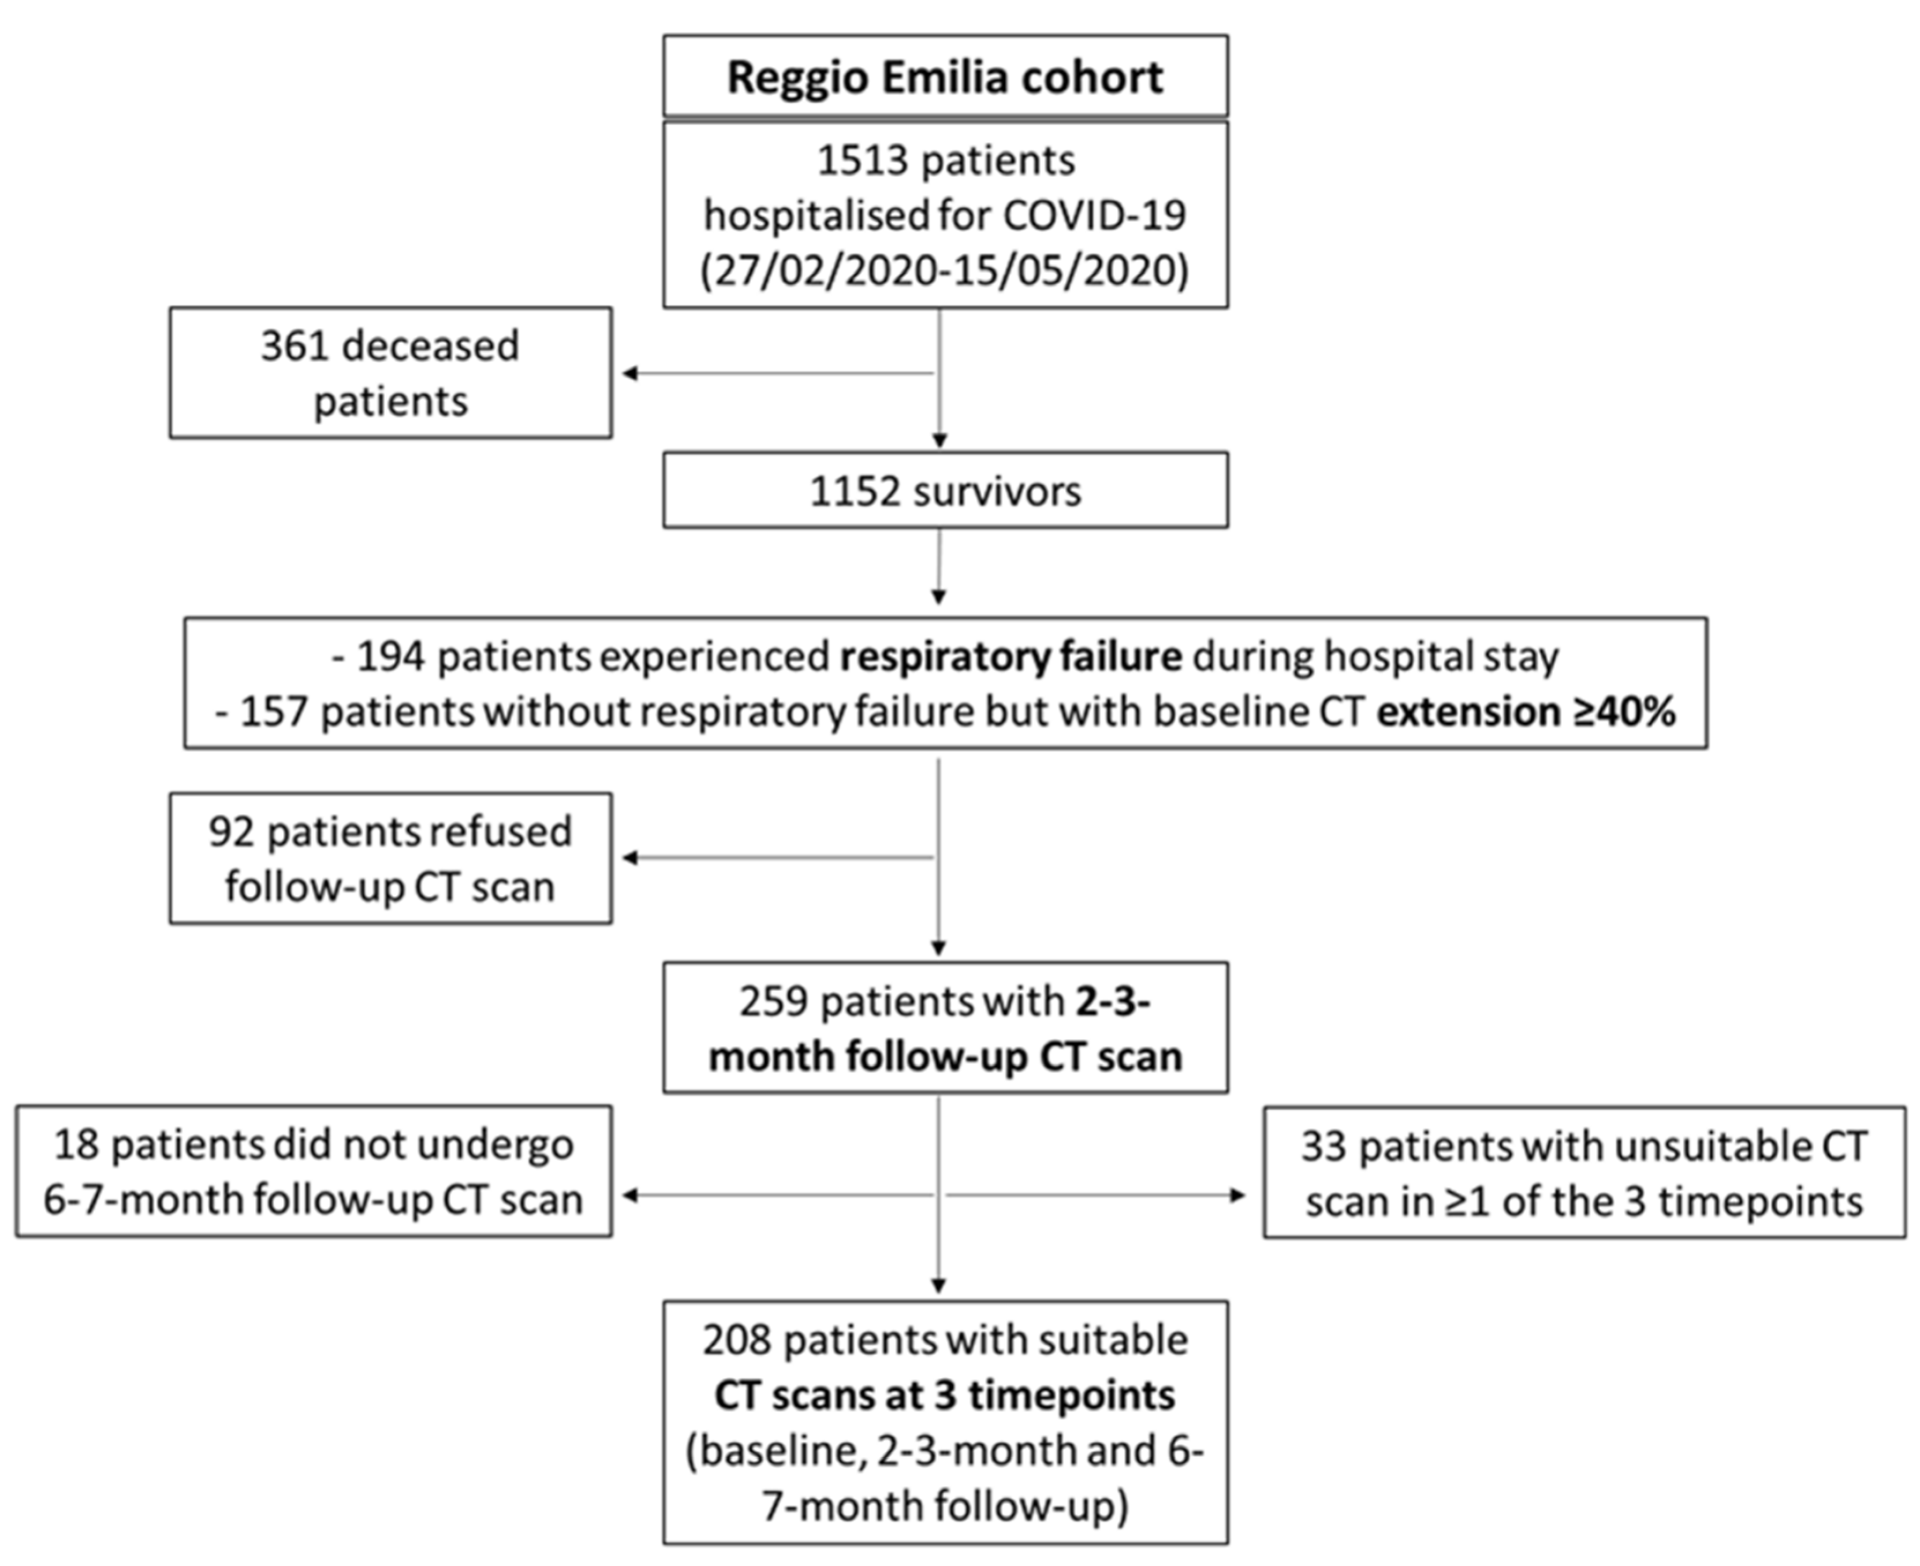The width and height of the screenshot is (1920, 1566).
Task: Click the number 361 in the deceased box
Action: coord(295,347)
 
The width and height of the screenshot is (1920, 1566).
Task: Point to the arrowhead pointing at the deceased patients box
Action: coord(629,374)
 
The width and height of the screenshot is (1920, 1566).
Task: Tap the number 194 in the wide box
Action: coord(390,657)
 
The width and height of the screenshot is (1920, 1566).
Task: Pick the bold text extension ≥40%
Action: coord(1526,712)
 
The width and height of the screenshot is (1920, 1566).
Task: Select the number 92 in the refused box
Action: coord(232,832)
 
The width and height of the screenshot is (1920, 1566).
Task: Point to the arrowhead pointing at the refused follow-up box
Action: coord(629,858)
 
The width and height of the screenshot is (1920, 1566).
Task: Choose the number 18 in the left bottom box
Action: coord(76,1145)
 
